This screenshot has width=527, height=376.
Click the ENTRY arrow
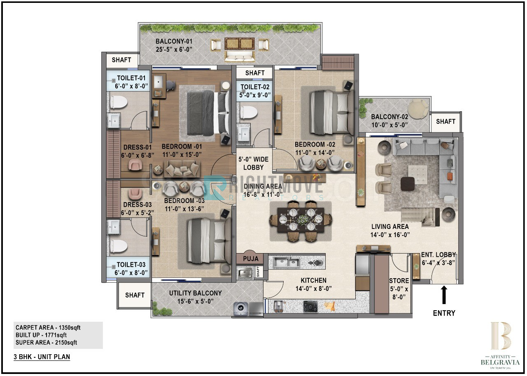[444, 295]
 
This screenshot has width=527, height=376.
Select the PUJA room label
[251, 259]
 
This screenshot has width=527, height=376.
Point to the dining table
[301, 220]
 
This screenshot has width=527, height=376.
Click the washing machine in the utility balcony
[241, 308]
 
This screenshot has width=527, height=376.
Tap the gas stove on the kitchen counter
[310, 306]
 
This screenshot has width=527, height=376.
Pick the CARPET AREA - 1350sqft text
[48, 328]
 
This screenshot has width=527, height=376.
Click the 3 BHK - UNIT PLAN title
[42, 357]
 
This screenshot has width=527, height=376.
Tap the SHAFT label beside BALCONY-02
[445, 121]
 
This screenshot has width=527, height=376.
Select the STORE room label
[399, 281]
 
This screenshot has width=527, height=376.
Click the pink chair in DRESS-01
[135, 164]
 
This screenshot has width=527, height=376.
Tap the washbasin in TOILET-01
[114, 120]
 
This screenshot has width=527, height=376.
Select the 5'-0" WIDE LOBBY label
[253, 163]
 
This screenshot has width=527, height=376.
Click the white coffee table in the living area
[417, 175]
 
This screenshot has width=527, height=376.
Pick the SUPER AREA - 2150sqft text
[46, 343]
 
